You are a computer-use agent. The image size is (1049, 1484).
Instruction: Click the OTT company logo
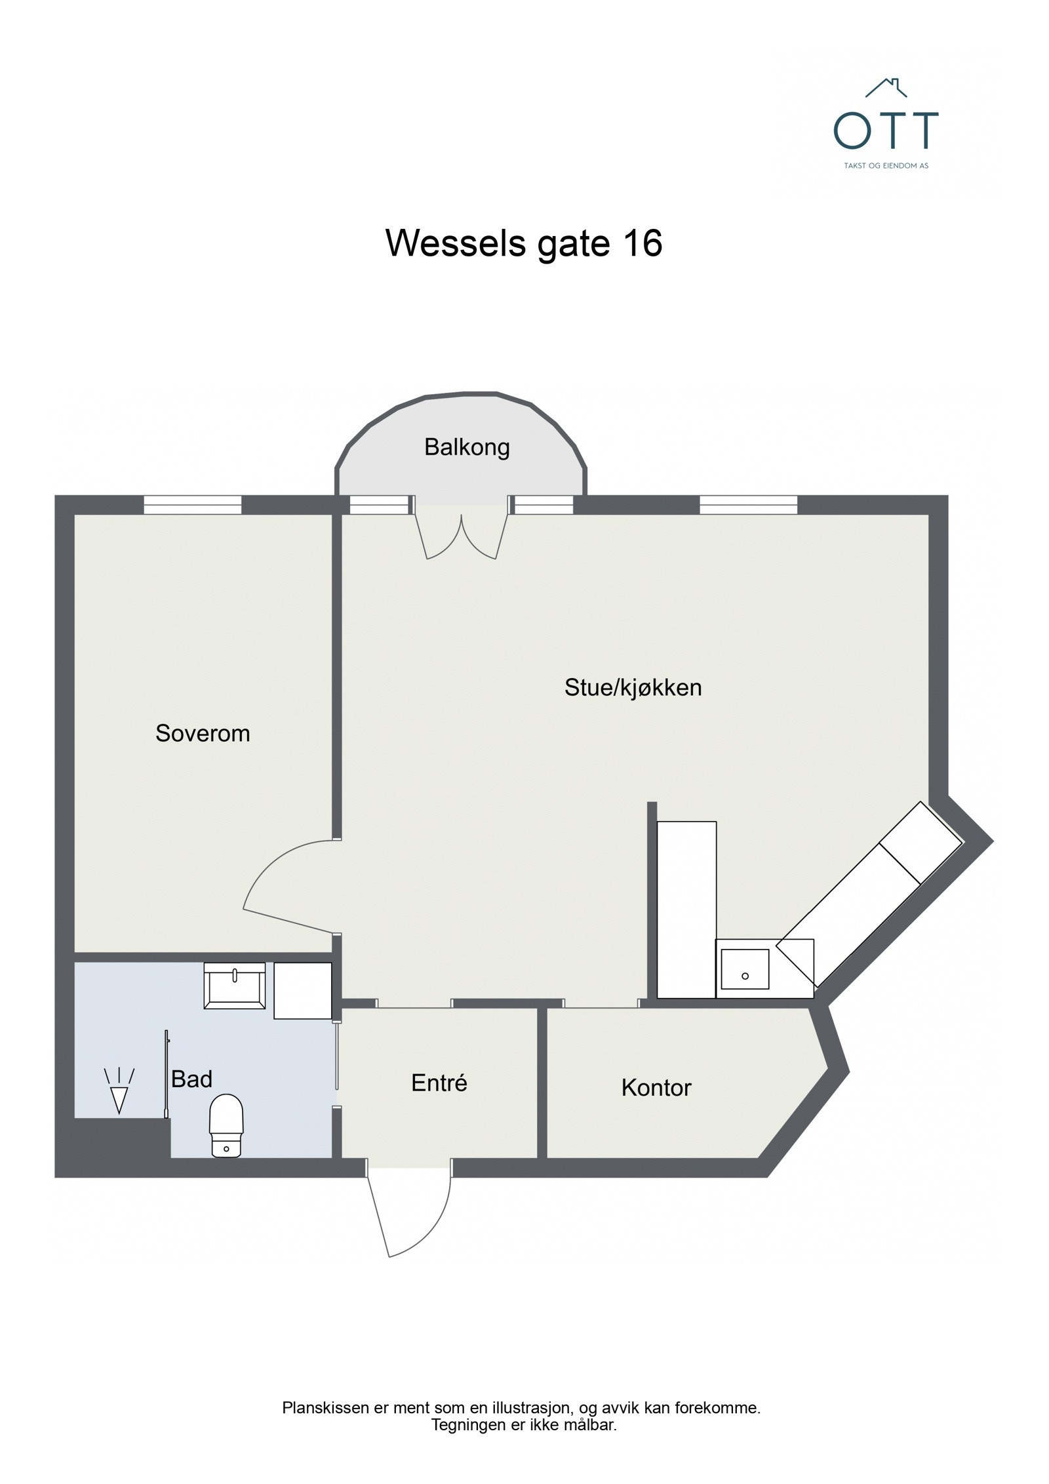pos(885,125)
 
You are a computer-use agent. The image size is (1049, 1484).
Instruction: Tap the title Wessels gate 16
pos(524,243)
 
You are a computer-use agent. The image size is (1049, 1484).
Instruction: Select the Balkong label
pos(467,447)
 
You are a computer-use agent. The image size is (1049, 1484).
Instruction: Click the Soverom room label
pos(203,733)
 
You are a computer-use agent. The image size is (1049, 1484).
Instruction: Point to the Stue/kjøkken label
pos(633,687)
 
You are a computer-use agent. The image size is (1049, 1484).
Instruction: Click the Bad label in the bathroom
pos(191,1079)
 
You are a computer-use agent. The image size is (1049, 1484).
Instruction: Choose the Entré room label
pos(439,1083)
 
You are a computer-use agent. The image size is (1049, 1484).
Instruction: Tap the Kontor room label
pos(656,1088)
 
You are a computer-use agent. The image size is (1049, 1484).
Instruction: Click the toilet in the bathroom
pos(226,1125)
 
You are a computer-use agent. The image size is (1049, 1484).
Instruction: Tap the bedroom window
pos(193,505)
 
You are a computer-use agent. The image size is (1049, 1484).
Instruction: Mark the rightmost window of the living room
pos(748,505)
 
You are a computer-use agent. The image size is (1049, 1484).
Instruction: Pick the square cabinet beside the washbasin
pos(302,990)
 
